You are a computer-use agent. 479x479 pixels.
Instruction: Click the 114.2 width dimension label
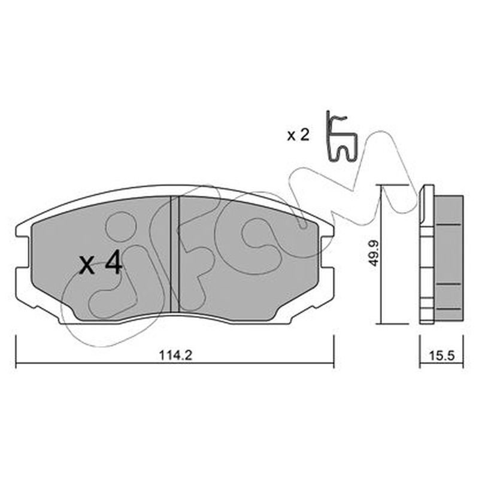coord(175,355)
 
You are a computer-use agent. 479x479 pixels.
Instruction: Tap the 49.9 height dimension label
coord(374,253)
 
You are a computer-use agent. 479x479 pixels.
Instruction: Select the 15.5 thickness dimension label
coord(442,356)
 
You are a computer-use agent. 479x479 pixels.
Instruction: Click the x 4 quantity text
coord(101,264)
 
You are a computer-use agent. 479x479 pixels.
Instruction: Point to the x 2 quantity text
coord(298,135)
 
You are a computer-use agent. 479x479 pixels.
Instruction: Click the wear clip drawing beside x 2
coord(341,136)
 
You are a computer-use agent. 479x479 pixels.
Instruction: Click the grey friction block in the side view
coord(448,258)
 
